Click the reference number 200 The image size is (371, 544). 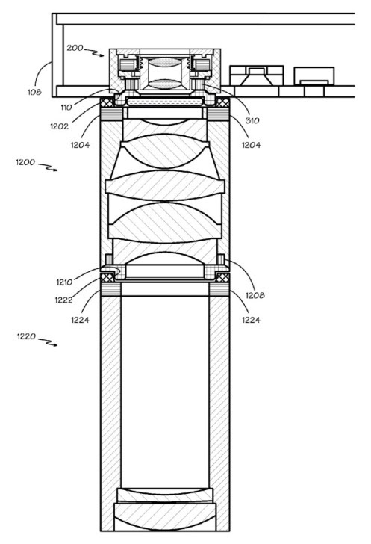pos(75,48)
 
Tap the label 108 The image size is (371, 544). pos(34,92)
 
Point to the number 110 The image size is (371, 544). pos(66,108)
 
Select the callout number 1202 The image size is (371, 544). pos(60,126)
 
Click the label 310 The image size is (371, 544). pos(252,120)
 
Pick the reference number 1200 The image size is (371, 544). pos(25,162)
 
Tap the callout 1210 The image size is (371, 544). pos(65,282)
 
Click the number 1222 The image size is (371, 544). pos(63,300)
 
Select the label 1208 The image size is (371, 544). pos(255,295)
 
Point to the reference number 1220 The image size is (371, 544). pos(26,336)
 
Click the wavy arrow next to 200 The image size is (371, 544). pos(94,52)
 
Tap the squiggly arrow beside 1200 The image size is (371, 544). pos(48,167)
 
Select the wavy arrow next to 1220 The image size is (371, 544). pos(48,341)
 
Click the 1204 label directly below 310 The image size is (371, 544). pos(251,145)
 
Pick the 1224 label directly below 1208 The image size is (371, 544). pos(251,320)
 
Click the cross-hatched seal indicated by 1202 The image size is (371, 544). pos(107,102)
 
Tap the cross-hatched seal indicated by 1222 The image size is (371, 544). pos(107,277)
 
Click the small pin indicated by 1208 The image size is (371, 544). pos(221,259)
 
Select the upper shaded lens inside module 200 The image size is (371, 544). pos(165,63)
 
